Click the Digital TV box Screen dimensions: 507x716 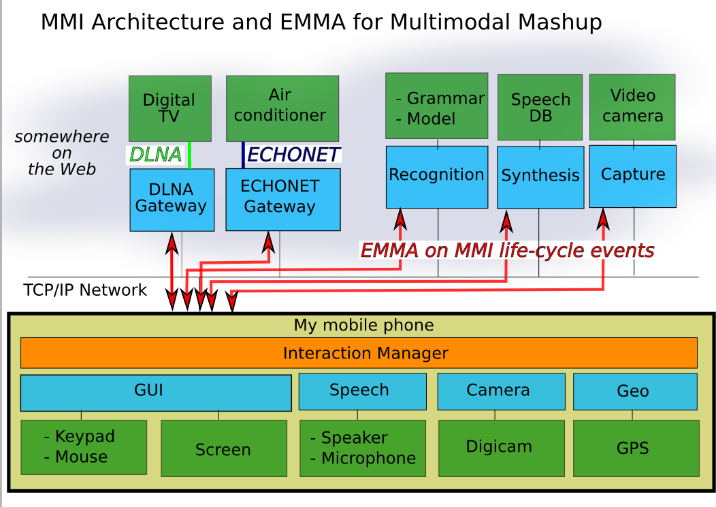tap(169, 108)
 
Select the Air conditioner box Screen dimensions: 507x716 tap(282, 108)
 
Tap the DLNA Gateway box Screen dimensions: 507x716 tap(172, 199)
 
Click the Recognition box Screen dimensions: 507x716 tap(436, 176)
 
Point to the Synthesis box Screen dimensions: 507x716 tap(540, 176)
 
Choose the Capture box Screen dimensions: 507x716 tap(632, 175)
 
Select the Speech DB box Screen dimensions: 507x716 tap(540, 108)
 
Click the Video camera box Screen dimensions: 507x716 tap(632, 107)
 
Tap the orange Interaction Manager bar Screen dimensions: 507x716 tap(359, 353)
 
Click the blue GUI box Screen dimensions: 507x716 tap(156, 392)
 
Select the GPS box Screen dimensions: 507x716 tap(636, 448)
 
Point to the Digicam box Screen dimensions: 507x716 tap(499, 448)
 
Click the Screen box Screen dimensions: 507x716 tap(223, 449)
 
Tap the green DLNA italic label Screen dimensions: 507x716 tap(156, 155)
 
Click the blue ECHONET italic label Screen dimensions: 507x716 tap(293, 155)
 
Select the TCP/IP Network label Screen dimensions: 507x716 tap(85, 290)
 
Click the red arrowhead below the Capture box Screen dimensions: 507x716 tap(603, 218)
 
